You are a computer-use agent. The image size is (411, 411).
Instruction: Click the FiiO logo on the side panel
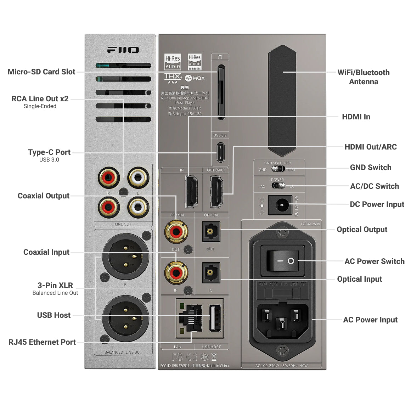click(123, 50)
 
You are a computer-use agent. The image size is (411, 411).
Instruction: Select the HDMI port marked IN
click(191, 191)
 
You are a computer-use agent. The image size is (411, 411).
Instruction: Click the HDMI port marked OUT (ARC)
click(216, 191)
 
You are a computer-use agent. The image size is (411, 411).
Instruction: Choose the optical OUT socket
click(211, 232)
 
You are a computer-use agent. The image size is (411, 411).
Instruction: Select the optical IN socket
click(211, 272)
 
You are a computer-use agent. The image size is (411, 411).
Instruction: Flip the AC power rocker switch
click(282, 261)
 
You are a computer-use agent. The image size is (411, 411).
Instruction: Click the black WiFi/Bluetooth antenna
click(282, 100)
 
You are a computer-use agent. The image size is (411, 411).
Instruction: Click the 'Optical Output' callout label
click(362, 230)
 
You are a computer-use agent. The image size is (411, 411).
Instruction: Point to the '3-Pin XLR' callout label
click(55, 286)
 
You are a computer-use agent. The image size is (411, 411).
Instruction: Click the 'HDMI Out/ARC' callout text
click(370, 147)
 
